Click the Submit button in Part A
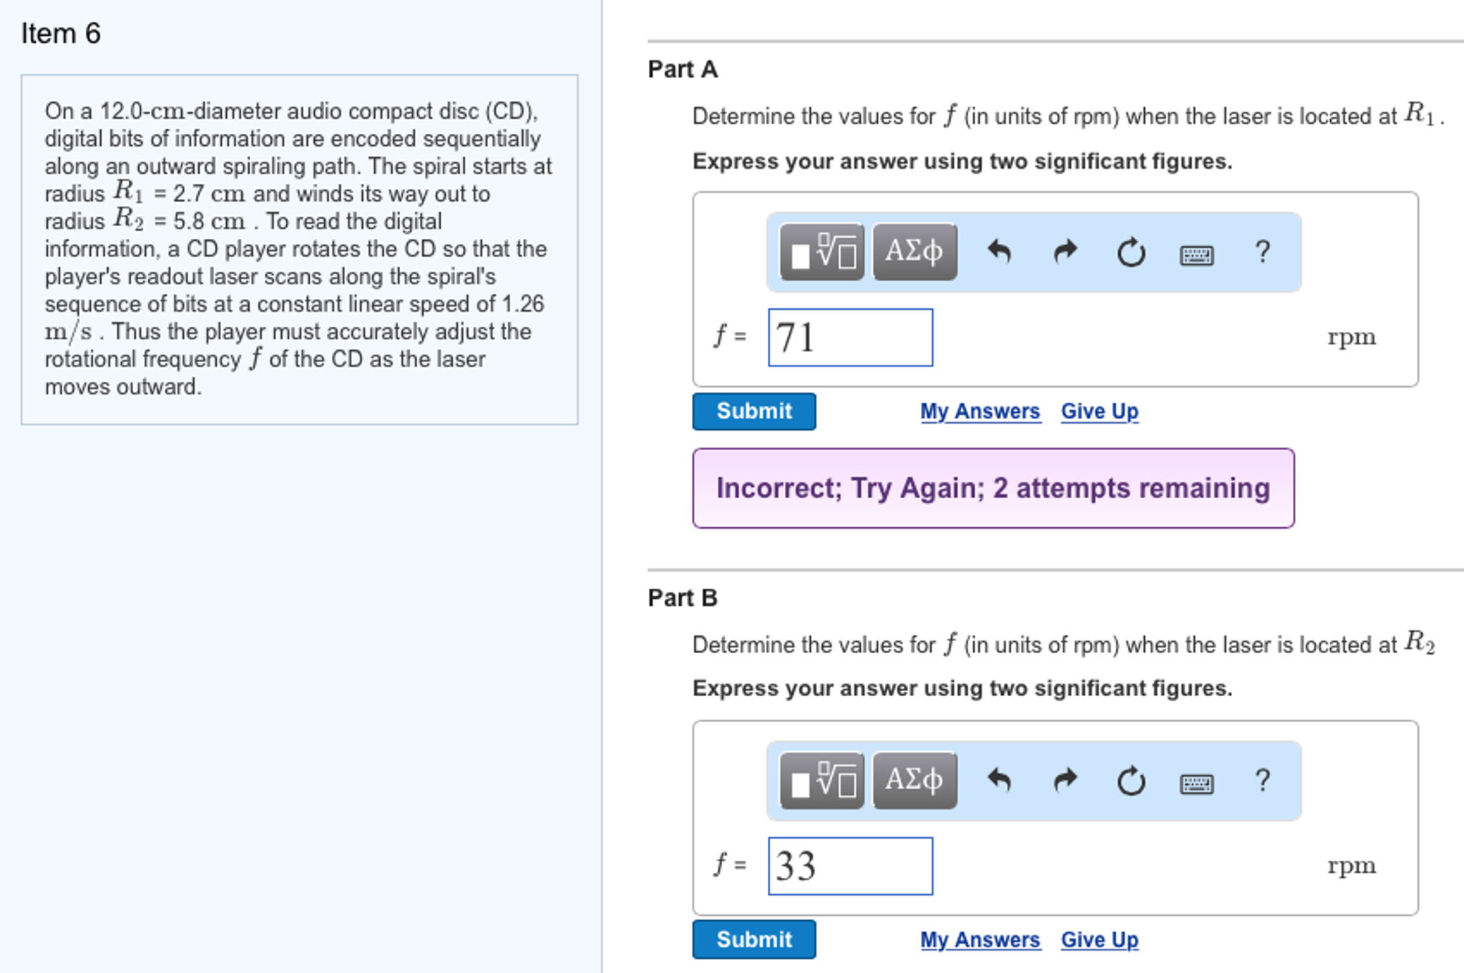point(753,411)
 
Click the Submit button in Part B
point(753,939)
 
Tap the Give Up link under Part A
point(1099,411)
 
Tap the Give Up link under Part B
point(1099,939)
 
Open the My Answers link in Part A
point(980,411)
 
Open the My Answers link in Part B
point(980,939)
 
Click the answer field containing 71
point(850,338)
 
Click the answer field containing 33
point(850,866)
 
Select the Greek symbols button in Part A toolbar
point(914,252)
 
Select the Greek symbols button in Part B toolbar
point(914,780)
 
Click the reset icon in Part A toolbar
point(1131,253)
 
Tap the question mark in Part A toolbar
point(1263,252)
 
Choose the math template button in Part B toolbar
point(822,780)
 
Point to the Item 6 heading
point(61,34)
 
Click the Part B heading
point(683,597)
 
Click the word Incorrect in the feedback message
point(771,489)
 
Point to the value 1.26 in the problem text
point(523,304)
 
